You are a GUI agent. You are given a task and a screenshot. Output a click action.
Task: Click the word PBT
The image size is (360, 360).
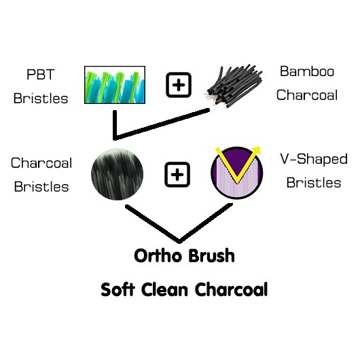(x=41, y=74)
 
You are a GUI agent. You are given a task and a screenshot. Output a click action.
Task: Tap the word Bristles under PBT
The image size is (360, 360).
(x=41, y=98)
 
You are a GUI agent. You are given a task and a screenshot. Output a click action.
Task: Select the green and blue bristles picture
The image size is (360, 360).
(x=115, y=85)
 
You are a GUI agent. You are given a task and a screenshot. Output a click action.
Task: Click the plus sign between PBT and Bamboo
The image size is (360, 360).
(x=179, y=85)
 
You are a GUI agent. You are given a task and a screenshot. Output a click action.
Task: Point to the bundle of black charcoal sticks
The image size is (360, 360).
(x=234, y=86)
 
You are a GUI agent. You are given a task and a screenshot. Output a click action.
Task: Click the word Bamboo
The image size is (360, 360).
(x=307, y=71)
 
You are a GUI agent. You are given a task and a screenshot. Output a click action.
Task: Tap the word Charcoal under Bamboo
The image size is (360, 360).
(x=307, y=95)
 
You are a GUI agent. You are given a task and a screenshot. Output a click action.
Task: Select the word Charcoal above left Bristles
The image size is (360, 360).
(x=41, y=163)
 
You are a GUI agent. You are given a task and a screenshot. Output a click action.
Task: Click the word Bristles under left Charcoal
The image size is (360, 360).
(x=41, y=186)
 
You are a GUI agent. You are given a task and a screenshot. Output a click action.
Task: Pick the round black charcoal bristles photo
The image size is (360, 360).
(x=117, y=175)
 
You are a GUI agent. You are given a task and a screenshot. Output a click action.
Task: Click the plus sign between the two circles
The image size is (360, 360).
(x=177, y=175)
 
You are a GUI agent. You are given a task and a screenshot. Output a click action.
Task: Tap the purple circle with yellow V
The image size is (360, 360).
(x=237, y=173)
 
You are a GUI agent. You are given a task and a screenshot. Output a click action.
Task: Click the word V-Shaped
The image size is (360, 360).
(x=314, y=159)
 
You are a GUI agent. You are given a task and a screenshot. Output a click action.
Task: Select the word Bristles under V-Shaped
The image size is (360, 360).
(x=314, y=183)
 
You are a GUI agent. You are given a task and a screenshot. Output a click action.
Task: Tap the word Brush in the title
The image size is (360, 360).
(x=211, y=255)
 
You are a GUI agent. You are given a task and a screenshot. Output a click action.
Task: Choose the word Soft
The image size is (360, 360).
(x=118, y=289)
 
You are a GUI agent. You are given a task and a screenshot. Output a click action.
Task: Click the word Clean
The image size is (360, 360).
(x=164, y=289)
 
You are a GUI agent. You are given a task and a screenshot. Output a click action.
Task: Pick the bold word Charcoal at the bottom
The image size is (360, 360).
(x=231, y=289)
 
